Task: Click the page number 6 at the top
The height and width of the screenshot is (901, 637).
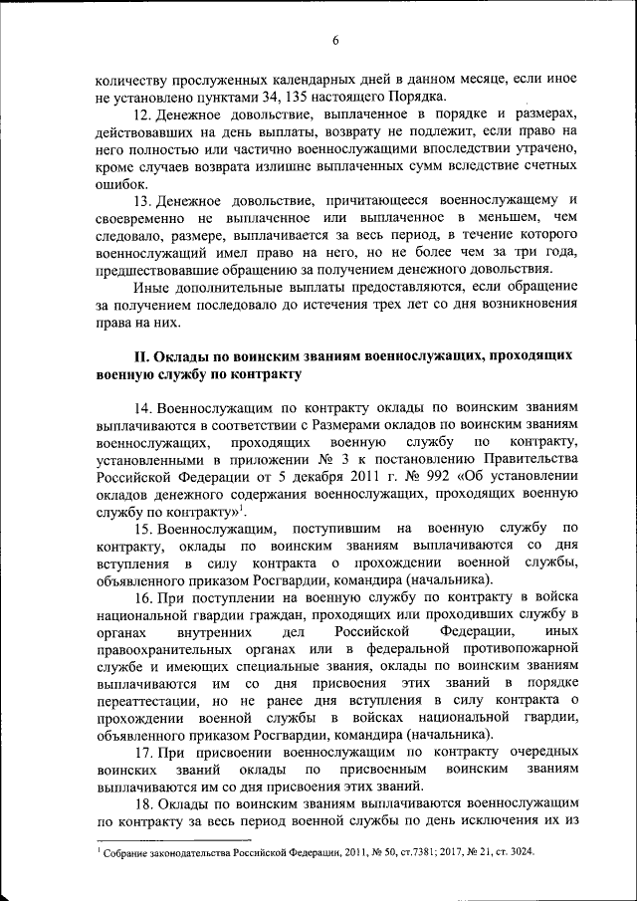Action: pos(335,40)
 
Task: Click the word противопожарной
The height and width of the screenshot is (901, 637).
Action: pos(521,648)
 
